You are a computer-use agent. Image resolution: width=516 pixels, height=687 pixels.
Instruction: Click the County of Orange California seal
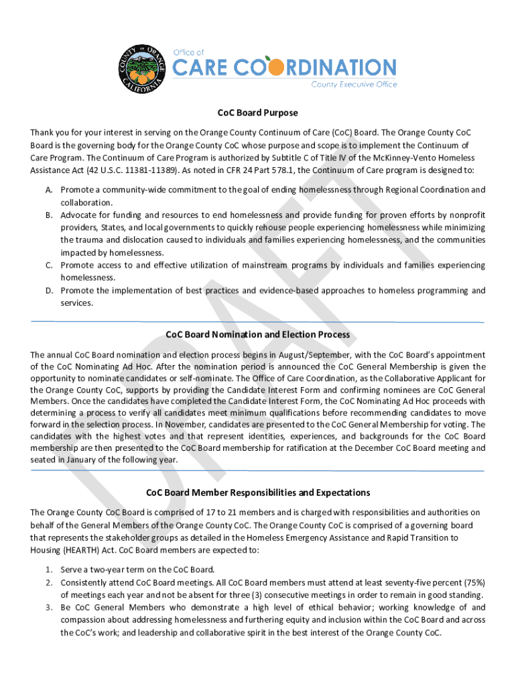(142, 68)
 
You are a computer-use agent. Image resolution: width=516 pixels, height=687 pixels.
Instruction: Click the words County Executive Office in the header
(354, 85)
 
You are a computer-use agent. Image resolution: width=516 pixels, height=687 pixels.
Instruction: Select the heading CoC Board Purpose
(257, 113)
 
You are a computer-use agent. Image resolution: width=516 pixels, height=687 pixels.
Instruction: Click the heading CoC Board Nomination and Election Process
(257, 334)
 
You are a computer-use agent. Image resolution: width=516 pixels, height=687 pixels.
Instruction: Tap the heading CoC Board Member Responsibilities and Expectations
(257, 492)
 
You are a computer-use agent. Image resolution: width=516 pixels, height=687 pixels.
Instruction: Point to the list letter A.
(49, 190)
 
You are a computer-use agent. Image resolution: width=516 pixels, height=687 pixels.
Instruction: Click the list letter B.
(49, 215)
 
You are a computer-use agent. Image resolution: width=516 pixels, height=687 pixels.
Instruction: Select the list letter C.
(49, 265)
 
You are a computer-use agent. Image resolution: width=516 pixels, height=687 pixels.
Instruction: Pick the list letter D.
(49, 290)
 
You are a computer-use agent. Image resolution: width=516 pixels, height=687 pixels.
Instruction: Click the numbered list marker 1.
(49, 569)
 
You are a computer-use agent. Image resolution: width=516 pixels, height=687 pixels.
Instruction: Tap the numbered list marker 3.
(49, 607)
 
